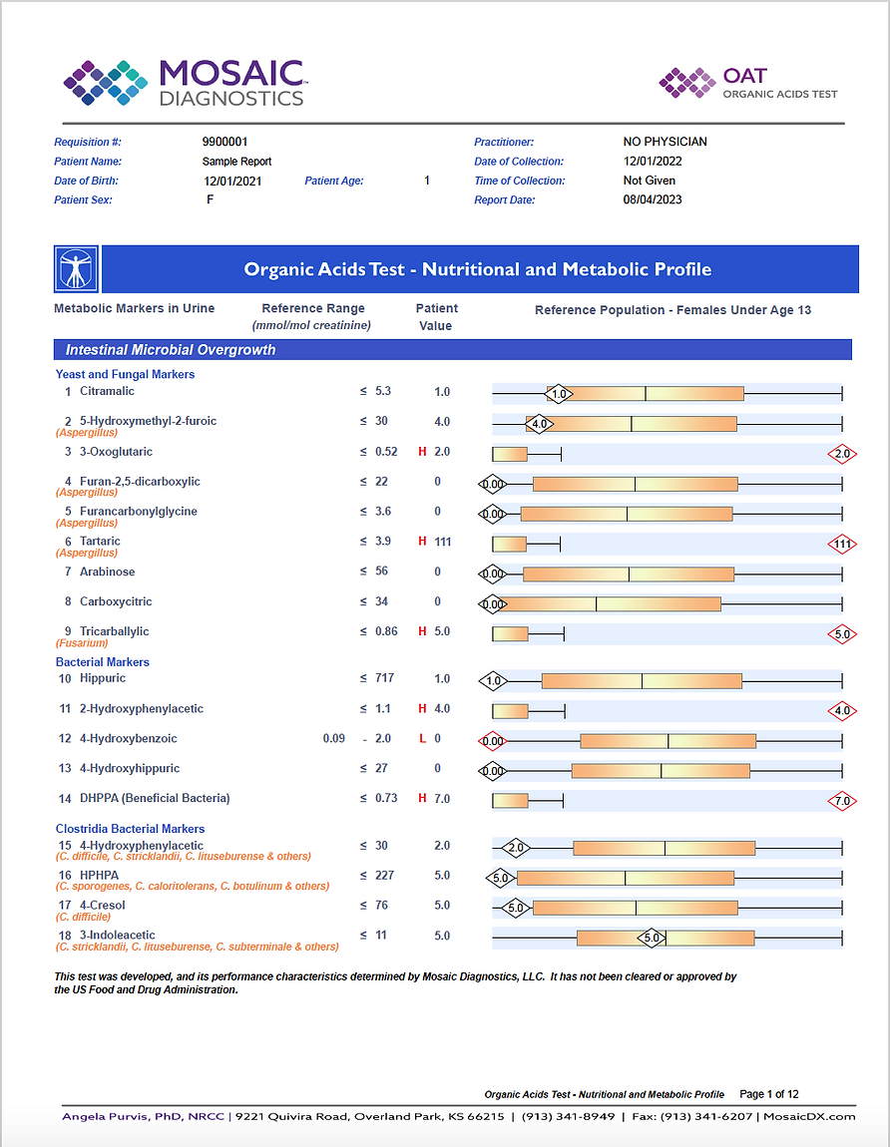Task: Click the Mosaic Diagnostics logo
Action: pos(186,83)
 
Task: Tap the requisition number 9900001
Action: pos(224,142)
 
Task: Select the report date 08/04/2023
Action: pos(653,199)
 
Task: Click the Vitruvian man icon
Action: pos(76,269)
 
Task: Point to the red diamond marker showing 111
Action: pos(842,544)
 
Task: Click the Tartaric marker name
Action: pos(100,542)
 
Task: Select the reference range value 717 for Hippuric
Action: pos(384,678)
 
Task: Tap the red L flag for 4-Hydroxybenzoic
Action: pos(422,739)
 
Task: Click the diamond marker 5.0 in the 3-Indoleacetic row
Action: pos(652,938)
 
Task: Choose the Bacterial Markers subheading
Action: pos(103,662)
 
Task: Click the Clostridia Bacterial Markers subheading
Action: pos(131,829)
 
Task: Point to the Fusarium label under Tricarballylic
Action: pos(82,643)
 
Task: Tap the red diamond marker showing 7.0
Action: pos(842,801)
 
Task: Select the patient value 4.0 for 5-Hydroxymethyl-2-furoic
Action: pos(442,422)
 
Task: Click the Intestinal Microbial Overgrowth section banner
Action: pos(453,350)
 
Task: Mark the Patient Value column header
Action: pos(436,317)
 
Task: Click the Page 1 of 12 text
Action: pos(769,1094)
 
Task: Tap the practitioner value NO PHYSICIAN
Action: pos(666,142)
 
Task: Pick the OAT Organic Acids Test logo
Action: pos(748,83)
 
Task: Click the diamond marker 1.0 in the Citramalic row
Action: pos(559,394)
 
